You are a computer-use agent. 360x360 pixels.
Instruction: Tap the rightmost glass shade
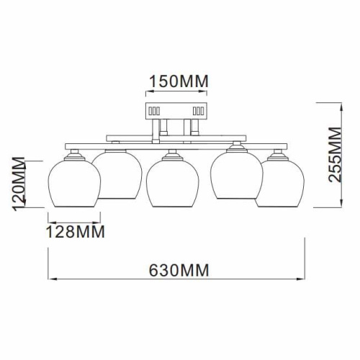click(284, 184)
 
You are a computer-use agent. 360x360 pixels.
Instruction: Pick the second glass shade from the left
click(119, 174)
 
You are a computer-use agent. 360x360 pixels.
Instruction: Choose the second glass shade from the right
click(234, 174)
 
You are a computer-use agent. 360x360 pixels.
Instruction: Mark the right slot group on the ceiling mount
click(199, 112)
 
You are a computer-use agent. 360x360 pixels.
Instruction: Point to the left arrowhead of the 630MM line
click(50, 281)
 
